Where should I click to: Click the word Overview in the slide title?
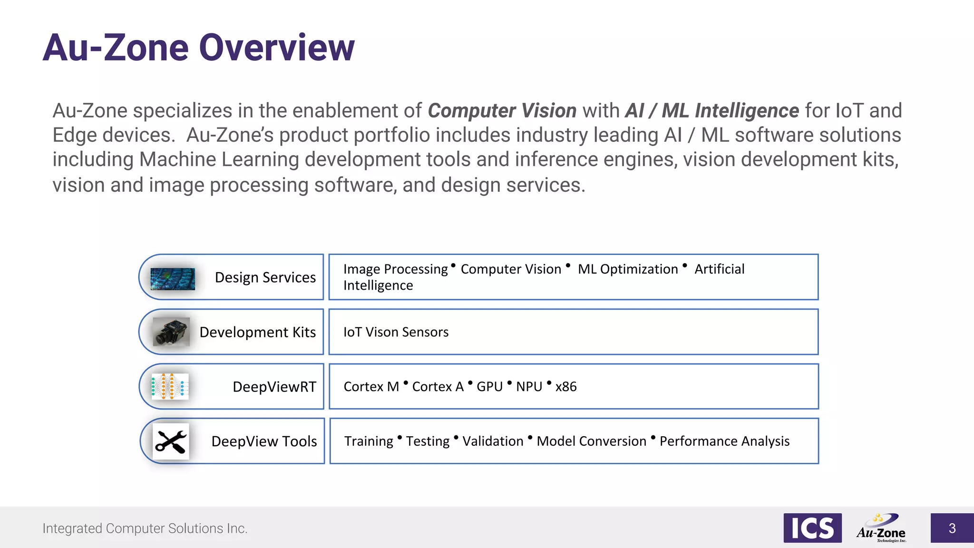[x=276, y=48]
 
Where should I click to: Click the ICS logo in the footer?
[x=812, y=528]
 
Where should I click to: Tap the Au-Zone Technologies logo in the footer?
[x=881, y=528]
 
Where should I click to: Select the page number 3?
[x=952, y=528]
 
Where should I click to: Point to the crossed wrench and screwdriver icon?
[x=171, y=441]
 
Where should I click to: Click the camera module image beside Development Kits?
[x=171, y=332]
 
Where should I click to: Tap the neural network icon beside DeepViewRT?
[x=170, y=386]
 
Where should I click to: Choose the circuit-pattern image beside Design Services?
[x=173, y=279]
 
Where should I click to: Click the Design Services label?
[x=265, y=277]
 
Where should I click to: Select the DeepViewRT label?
[x=274, y=387]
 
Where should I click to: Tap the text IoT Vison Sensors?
[x=396, y=332]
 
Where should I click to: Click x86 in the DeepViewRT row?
[x=566, y=387]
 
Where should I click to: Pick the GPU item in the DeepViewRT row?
[x=489, y=387]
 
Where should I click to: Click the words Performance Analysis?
[x=724, y=441]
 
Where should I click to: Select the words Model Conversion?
[x=591, y=441]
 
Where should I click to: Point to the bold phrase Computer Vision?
[x=502, y=111]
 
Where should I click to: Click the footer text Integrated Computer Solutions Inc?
[x=145, y=528]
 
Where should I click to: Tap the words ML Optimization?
[x=628, y=269]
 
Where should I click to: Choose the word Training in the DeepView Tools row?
[x=369, y=441]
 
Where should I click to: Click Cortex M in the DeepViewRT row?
[x=371, y=387]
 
